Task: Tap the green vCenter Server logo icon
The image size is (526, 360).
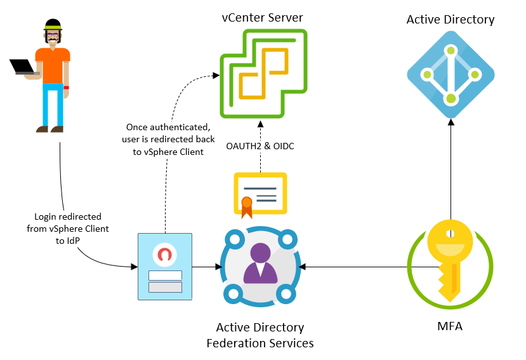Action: pos(262,76)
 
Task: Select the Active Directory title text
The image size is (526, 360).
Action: pos(450,20)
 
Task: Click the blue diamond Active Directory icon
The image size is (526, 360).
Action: pos(450,75)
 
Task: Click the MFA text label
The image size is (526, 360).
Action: pos(450,328)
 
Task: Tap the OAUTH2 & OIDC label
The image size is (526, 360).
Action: pos(260,147)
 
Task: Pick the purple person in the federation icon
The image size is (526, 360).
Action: pos(260,264)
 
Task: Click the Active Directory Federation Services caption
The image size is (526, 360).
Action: pos(260,335)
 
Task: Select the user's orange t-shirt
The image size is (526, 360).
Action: pos(53,65)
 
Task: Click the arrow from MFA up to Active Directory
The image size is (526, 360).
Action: pos(450,171)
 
